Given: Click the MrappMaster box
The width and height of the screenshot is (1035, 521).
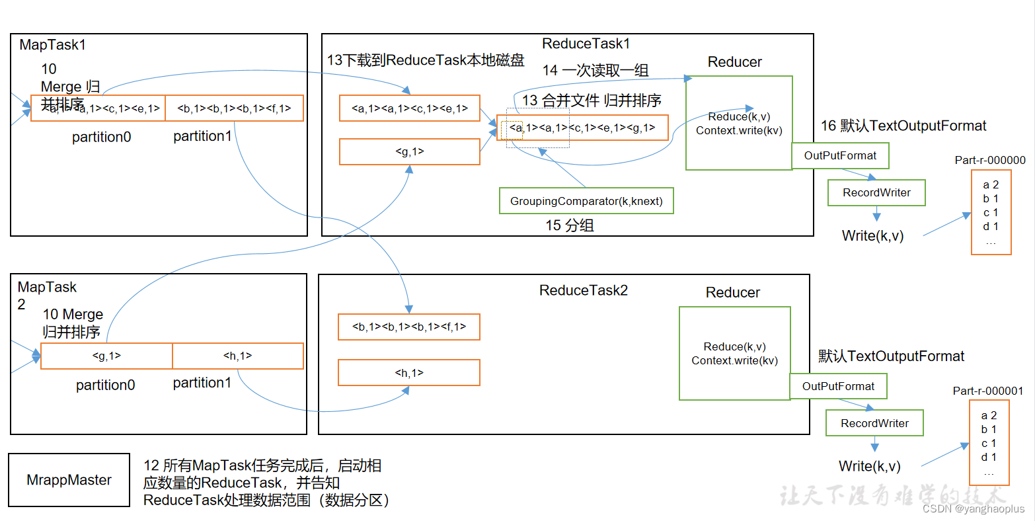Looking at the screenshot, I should pos(69,480).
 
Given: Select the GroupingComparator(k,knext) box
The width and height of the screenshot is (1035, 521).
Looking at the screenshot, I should pos(586,201).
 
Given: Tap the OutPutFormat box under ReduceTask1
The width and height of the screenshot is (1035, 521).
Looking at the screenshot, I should pos(840,156).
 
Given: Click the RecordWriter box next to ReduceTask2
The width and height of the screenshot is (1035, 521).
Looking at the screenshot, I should pos(874,423).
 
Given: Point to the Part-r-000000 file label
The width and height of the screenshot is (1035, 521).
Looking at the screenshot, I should pos(990,160).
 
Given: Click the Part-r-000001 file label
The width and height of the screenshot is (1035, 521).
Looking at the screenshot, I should pos(987,391).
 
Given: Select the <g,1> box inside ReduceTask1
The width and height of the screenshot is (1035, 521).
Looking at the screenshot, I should pos(409,152).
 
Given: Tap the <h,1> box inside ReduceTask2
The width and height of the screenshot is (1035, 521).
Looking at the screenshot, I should pos(408,373).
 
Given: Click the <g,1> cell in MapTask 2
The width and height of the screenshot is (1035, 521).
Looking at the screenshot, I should pos(106,356).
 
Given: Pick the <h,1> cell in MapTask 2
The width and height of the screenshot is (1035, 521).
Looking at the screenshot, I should pos(238,356).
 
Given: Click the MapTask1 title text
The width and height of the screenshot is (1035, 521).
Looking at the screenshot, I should pos(53,45).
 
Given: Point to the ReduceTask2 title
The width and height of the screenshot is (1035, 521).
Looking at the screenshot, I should pos(583,290).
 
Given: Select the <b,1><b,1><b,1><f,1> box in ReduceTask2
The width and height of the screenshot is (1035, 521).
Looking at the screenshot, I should pos(408,327).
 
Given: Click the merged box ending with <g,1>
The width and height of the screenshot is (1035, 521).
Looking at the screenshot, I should pos(582,128).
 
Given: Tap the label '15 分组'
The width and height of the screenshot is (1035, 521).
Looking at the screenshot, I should pos(569,225).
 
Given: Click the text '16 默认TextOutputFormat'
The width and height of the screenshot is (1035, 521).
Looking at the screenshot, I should pos(903,126).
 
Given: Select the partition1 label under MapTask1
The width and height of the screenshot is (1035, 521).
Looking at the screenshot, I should pos(202,136).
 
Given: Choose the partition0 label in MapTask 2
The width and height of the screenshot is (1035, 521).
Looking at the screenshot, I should pos(105,385).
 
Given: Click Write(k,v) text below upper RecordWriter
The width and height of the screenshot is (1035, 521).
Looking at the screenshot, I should pos(872,235).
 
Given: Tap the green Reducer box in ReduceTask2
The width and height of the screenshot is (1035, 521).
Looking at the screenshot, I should pos(734,353).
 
